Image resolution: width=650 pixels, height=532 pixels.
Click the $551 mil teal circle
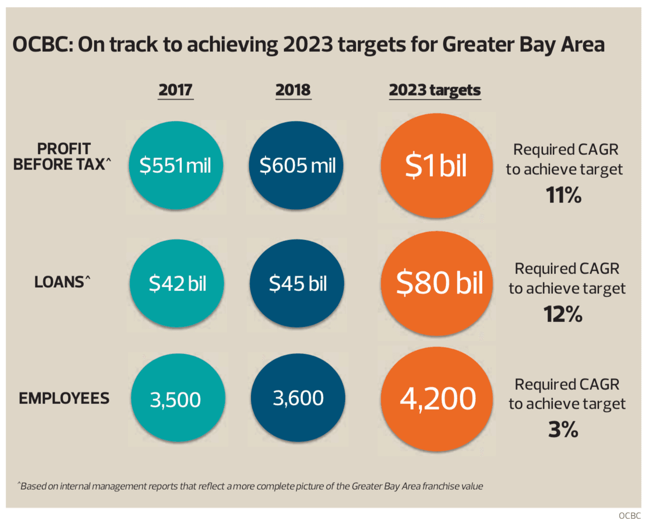click(176, 165)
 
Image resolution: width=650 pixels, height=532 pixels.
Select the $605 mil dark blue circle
click(296, 165)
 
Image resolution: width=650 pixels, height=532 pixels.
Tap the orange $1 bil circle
click(437, 166)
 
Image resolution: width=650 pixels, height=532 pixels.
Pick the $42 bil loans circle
click(177, 283)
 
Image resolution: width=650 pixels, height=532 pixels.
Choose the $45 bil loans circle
click(297, 283)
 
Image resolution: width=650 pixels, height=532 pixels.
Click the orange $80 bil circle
click(438, 283)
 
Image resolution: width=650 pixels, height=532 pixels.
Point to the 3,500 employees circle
click(178, 398)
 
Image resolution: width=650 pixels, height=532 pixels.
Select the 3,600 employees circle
click(298, 398)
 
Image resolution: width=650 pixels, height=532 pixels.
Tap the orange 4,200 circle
click(437, 399)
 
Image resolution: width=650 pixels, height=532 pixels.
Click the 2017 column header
click(175, 90)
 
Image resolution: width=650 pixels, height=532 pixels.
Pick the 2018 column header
click(293, 90)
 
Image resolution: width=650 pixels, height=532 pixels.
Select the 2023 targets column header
click(435, 90)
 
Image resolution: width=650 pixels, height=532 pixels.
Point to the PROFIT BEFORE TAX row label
click(63, 157)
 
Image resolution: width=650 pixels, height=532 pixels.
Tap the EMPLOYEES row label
click(64, 398)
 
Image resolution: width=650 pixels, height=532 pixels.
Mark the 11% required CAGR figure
click(564, 195)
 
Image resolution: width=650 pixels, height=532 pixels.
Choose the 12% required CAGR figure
click(563, 314)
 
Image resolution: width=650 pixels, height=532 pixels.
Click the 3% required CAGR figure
click(563, 429)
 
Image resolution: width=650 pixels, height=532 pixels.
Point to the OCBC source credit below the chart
click(629, 516)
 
